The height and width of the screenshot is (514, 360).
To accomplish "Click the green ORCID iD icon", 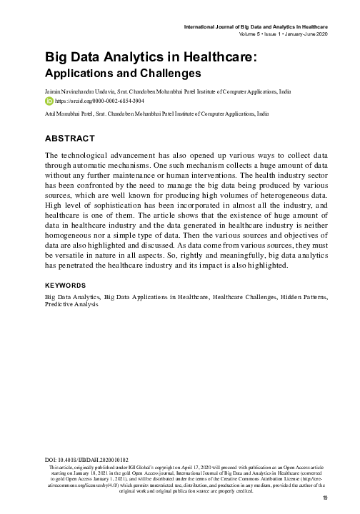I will pyautogui.click(x=49, y=101).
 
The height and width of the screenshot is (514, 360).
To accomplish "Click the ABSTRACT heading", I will pyautogui.click(x=69, y=138).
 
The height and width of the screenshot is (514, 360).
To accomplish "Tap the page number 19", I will pyautogui.click(x=324, y=498).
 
